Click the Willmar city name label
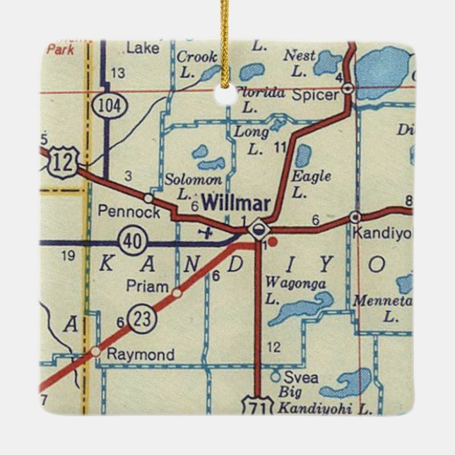coord(235,203)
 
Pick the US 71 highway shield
coord(255,405)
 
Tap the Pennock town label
coord(120,211)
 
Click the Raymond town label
coord(140,355)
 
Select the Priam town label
coord(148,286)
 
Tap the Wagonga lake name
coord(285,283)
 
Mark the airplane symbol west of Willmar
coord(206,230)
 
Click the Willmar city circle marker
coord(259,227)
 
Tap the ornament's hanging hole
coord(225,94)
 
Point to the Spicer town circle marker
coord(348,88)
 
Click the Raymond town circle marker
coord(95,350)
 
